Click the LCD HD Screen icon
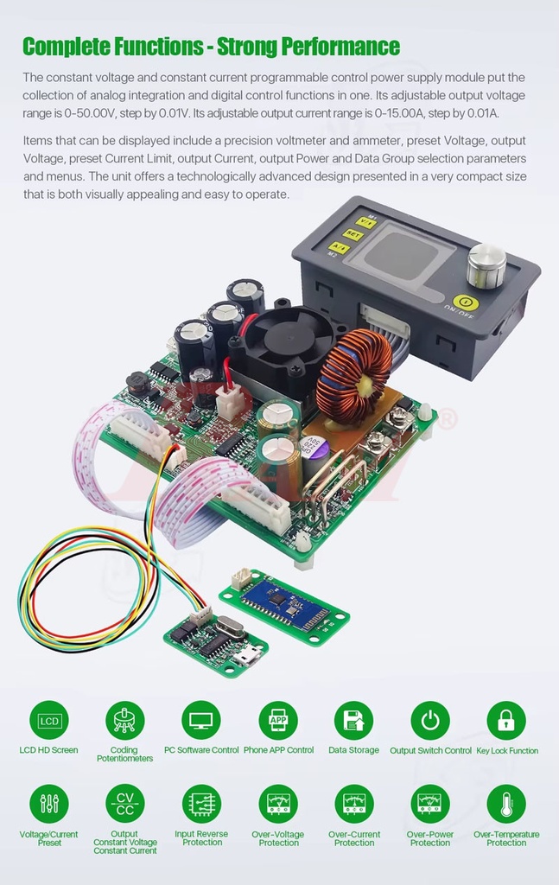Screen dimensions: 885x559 point(48,720)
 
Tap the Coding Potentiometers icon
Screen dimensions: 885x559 point(124,720)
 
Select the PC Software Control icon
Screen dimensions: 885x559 point(201,720)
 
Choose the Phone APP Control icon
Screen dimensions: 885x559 point(278,720)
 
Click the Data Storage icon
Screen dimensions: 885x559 point(353,720)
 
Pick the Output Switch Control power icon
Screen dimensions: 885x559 point(430,720)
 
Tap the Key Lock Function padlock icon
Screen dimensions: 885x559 point(506,720)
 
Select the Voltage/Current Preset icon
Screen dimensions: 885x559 point(48,804)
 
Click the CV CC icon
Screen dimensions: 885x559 point(124,804)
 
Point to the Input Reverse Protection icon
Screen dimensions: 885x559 point(201,804)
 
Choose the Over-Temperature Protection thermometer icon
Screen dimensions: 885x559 point(506,804)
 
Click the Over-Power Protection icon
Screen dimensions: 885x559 point(430,804)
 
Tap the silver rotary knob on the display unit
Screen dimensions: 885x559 point(486,264)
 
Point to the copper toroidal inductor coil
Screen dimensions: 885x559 point(353,375)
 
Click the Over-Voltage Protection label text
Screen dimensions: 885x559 point(278,838)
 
